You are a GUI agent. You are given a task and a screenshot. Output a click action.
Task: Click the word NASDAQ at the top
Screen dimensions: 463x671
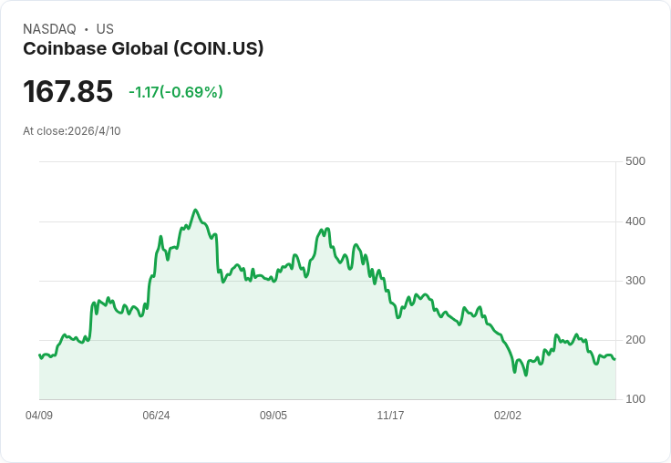pos(49,29)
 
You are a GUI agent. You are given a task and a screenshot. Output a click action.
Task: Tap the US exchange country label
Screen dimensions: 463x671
pos(105,29)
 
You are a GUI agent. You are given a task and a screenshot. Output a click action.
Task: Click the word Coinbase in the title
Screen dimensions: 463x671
pos(61,48)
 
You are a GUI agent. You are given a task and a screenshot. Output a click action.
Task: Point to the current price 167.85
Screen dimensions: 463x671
pos(67,91)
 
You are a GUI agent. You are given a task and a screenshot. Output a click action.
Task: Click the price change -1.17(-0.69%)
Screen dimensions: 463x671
pos(176,92)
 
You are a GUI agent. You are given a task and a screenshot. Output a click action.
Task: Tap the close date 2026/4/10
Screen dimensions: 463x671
pos(94,130)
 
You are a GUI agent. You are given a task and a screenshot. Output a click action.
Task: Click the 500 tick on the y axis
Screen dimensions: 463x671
pos(635,161)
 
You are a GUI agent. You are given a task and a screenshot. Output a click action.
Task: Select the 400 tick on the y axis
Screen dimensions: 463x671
pos(635,221)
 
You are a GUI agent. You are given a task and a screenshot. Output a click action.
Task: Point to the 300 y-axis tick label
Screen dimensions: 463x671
pos(635,281)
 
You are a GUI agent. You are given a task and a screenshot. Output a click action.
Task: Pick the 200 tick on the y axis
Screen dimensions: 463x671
pos(635,340)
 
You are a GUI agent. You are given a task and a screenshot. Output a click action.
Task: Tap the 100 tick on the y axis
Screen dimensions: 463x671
pos(635,399)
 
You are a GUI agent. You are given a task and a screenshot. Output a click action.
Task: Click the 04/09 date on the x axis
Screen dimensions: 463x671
pos(39,416)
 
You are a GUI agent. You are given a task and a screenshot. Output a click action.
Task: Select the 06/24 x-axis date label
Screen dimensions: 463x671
pos(156,416)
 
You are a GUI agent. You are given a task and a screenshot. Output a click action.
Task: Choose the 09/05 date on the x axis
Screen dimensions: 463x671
pos(274,416)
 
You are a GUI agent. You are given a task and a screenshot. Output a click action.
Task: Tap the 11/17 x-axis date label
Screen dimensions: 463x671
pos(390,416)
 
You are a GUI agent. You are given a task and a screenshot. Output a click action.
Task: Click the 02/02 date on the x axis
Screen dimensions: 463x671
pos(508,416)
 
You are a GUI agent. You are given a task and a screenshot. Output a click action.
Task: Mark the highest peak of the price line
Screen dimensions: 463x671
pos(195,210)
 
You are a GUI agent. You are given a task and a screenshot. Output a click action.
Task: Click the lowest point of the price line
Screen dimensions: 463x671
pos(526,376)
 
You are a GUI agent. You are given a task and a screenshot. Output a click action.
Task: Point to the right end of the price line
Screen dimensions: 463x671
pos(614,359)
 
